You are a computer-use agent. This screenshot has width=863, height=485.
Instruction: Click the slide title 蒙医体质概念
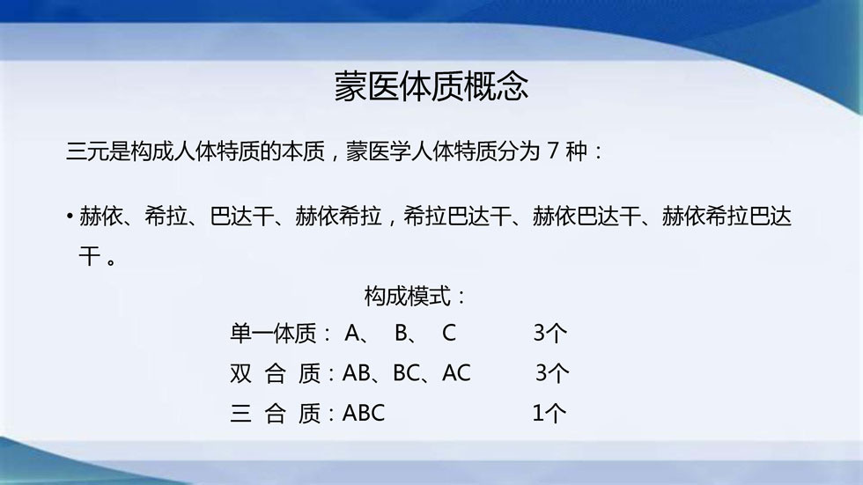pos(431,86)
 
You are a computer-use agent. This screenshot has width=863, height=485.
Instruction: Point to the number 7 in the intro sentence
pos(553,151)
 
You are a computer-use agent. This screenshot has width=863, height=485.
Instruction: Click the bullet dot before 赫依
pos(70,217)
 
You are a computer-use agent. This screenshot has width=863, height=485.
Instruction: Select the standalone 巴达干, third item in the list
pos(241,217)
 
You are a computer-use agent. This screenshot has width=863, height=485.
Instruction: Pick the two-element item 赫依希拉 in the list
pos(338,217)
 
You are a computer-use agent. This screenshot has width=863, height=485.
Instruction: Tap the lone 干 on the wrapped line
pos(89,256)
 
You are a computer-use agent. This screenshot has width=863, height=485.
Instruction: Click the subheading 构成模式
pos(407,297)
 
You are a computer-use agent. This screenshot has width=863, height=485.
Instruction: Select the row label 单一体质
pos(273,334)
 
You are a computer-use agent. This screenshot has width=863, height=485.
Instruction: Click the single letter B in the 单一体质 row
pos(401,334)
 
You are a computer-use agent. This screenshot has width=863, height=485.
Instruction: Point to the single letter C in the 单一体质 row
pos(448,334)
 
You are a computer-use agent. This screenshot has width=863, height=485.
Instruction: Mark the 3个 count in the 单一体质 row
pos(550,334)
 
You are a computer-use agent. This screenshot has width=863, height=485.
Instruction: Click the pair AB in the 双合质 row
pos(356,373)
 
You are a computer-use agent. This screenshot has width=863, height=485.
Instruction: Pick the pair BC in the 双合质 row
pos(406,373)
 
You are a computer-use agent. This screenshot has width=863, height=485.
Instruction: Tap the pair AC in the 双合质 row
pos(456,373)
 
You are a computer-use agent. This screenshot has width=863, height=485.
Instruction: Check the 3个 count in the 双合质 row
pos(552,373)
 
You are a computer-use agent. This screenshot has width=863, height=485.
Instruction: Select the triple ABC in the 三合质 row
pos(363,413)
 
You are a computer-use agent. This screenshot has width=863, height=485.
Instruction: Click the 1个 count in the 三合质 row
pos(550,413)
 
